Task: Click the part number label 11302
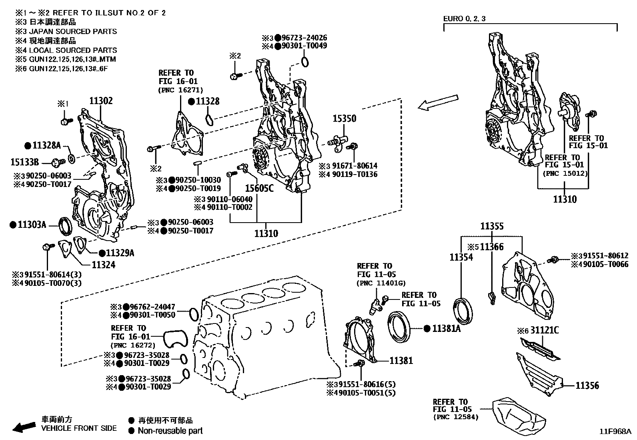coord(101,101)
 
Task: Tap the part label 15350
coord(344,119)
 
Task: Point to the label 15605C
coord(259,187)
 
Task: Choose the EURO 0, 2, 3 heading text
coord(465,19)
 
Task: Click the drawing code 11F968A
coord(614,432)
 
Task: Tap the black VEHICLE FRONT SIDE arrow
coord(24,427)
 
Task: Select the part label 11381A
coord(446,329)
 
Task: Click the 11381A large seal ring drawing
coord(399,327)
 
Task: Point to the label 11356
coord(587,386)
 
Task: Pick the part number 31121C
coord(544,330)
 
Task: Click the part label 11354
coord(461,257)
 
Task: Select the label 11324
coord(103,265)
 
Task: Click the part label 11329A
coord(120,253)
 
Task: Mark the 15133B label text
coord(25,162)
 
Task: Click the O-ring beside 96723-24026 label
coord(305,62)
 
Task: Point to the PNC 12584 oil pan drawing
coord(519,414)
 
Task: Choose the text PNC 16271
coord(180,90)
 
